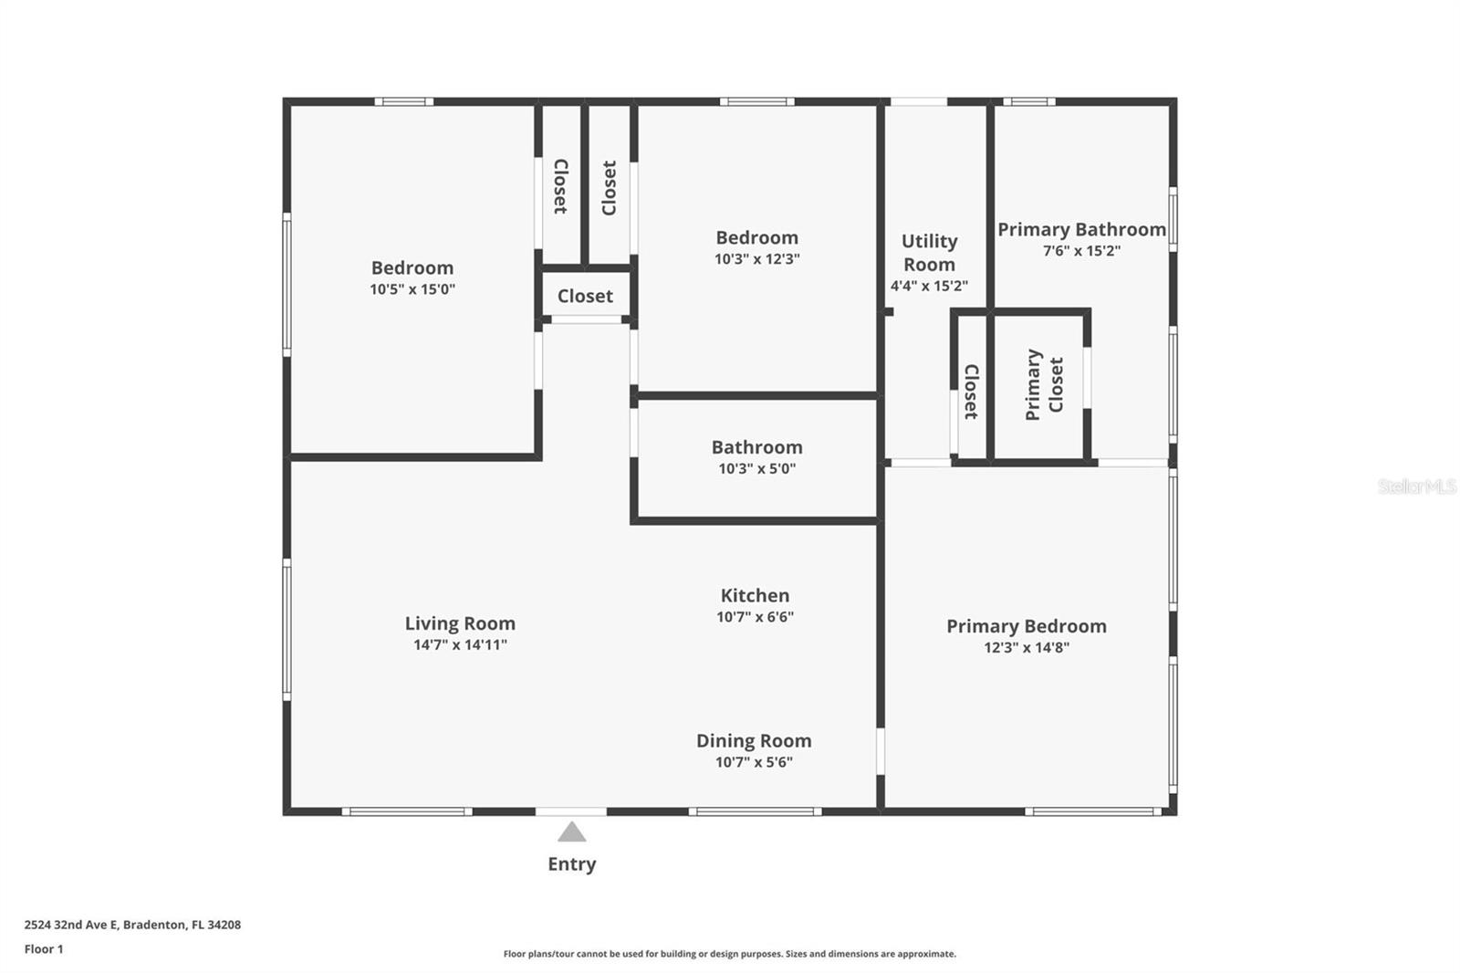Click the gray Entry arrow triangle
(x=571, y=832)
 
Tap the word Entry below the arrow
(x=571, y=863)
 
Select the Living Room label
(x=460, y=623)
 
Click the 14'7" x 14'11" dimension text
(x=460, y=644)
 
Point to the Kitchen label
(x=755, y=595)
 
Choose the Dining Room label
(x=754, y=740)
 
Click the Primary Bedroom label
(x=1026, y=626)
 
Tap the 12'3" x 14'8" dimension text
(x=1026, y=647)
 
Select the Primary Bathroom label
(x=1081, y=229)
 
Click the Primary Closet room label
(x=1044, y=384)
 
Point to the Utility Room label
(x=929, y=253)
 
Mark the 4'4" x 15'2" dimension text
(x=929, y=286)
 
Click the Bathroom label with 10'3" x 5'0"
(x=756, y=447)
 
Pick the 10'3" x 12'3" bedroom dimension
(x=756, y=259)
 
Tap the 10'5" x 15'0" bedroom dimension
(x=412, y=289)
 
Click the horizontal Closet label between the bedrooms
(x=585, y=296)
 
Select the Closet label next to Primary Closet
(x=971, y=392)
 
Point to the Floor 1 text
(x=44, y=949)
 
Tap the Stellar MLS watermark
(x=1416, y=486)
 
